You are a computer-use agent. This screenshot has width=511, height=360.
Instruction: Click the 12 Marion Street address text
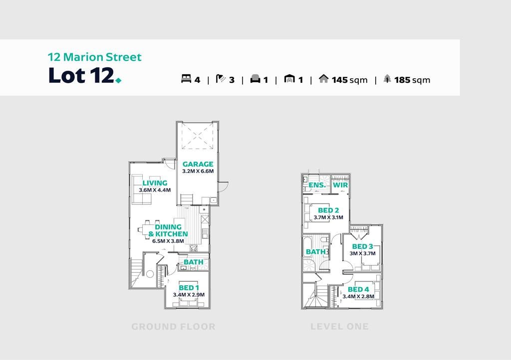point(94,57)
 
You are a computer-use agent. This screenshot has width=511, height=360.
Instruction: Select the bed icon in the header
point(186,78)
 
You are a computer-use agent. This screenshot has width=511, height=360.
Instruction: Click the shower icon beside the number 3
point(221,78)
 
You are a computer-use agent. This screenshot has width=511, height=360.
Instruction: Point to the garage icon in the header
point(289,78)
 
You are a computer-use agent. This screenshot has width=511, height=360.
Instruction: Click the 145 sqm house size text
point(349,80)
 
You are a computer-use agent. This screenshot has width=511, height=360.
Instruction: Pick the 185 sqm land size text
point(412,80)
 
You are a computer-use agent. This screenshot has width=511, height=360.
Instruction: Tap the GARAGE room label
point(198,164)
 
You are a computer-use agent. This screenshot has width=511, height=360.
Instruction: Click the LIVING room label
point(155,183)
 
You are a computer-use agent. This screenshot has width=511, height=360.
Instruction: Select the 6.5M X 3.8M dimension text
point(168,241)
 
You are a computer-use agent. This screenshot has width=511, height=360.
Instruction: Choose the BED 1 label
point(189,288)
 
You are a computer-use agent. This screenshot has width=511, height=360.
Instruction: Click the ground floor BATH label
point(194,262)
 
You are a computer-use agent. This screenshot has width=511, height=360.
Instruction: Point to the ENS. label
point(317,185)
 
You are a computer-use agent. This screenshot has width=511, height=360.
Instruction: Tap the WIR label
point(340,185)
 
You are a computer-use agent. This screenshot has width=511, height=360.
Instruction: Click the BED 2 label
point(328,210)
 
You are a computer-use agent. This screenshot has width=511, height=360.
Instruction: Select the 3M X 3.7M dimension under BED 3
point(362,253)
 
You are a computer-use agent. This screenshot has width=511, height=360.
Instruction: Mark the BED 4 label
point(358,289)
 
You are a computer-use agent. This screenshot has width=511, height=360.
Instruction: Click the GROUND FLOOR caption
point(173,327)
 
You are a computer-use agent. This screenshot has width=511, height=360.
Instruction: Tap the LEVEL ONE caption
point(339,327)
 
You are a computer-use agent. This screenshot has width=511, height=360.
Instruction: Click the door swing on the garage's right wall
point(224,186)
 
